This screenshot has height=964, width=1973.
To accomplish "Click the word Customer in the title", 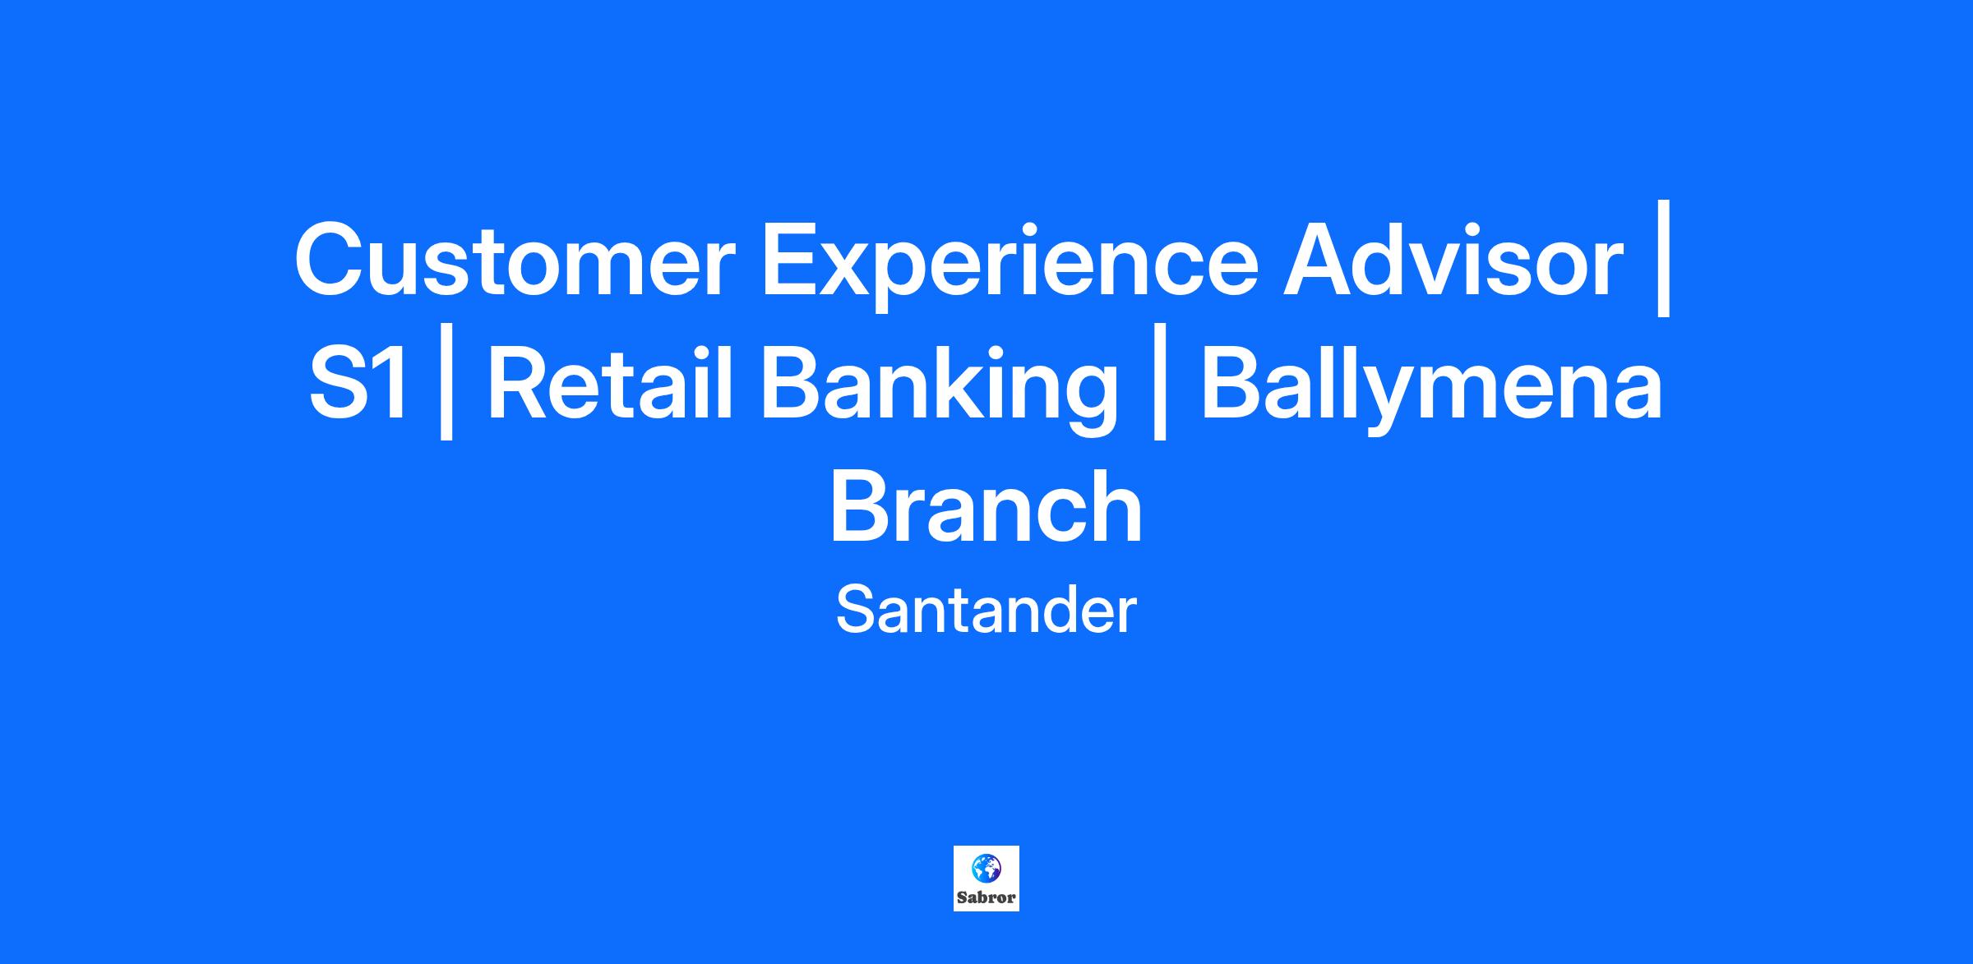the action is click(x=515, y=260).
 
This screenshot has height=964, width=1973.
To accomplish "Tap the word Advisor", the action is click(x=1453, y=260).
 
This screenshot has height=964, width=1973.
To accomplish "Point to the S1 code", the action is click(x=358, y=385).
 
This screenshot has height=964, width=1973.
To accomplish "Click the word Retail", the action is click(x=609, y=384).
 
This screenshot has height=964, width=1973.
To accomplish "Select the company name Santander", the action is click(x=986, y=610).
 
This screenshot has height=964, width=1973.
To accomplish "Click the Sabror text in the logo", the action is click(x=986, y=897).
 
